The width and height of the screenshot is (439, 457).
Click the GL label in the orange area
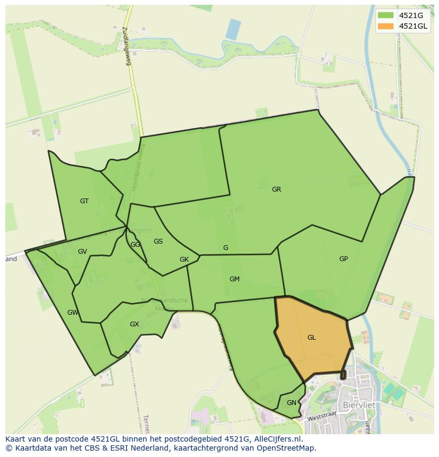[311, 338]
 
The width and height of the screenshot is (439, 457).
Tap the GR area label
[276, 189]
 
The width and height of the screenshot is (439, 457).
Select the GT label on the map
[84, 201]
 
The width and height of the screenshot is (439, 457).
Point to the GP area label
[344, 259]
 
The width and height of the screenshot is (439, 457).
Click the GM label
[234, 279]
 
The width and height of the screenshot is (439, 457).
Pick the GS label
[158, 242]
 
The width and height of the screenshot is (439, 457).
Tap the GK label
[184, 260]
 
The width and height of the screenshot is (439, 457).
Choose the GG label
[135, 245]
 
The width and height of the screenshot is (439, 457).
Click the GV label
[82, 252]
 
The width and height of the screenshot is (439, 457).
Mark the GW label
[73, 313]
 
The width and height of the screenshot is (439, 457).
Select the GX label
[134, 324]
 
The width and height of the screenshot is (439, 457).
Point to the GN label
[291, 403]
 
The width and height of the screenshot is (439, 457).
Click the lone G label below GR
[226, 248]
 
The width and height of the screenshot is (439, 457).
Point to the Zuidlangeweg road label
[127, 46]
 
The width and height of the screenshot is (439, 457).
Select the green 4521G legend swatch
[386, 15]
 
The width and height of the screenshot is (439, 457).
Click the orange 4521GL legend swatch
[386, 26]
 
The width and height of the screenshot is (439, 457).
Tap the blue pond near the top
[233, 29]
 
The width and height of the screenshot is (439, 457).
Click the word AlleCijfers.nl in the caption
[277, 439]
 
